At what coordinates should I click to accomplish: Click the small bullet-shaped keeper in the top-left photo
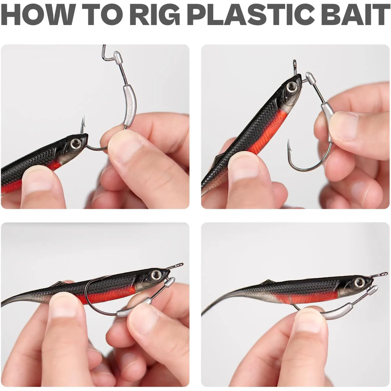tap(117, 58)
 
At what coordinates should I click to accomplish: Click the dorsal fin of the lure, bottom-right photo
tap(268, 282)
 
